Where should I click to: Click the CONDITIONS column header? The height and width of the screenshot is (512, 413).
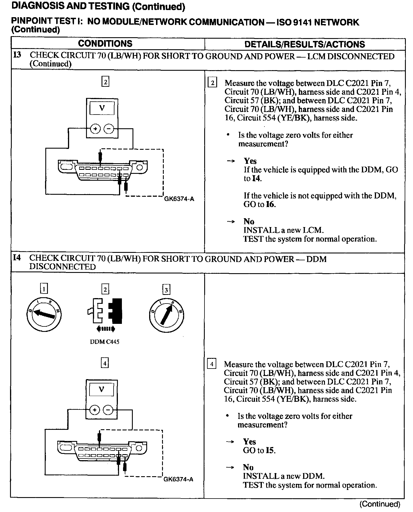(105, 44)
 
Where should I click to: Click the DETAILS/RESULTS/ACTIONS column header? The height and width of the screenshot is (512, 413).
(305, 44)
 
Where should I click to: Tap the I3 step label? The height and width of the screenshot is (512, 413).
(17, 55)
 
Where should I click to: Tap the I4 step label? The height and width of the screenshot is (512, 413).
(17, 258)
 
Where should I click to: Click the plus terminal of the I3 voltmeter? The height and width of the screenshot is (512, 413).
(95, 129)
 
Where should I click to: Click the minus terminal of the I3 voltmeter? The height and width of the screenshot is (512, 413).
(109, 129)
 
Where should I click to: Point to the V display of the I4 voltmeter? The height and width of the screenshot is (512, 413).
(102, 390)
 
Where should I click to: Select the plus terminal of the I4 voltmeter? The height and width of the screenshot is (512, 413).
(94, 410)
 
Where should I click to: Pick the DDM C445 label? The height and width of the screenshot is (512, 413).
(105, 342)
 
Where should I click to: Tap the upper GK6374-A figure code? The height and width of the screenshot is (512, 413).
(179, 199)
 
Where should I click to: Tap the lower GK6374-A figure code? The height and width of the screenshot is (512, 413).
(178, 479)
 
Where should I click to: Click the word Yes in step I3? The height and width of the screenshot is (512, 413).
(250, 161)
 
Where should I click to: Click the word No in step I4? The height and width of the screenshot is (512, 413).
(248, 467)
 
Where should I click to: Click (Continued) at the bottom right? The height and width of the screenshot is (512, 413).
(380, 504)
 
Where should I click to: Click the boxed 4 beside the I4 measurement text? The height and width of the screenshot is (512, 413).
(212, 364)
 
